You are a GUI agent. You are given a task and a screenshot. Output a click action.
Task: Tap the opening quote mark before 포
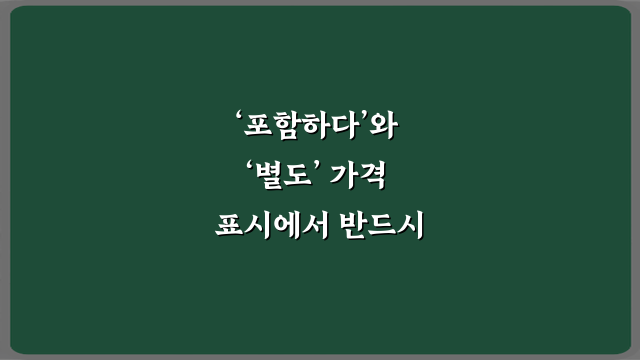[x=238, y=118]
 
